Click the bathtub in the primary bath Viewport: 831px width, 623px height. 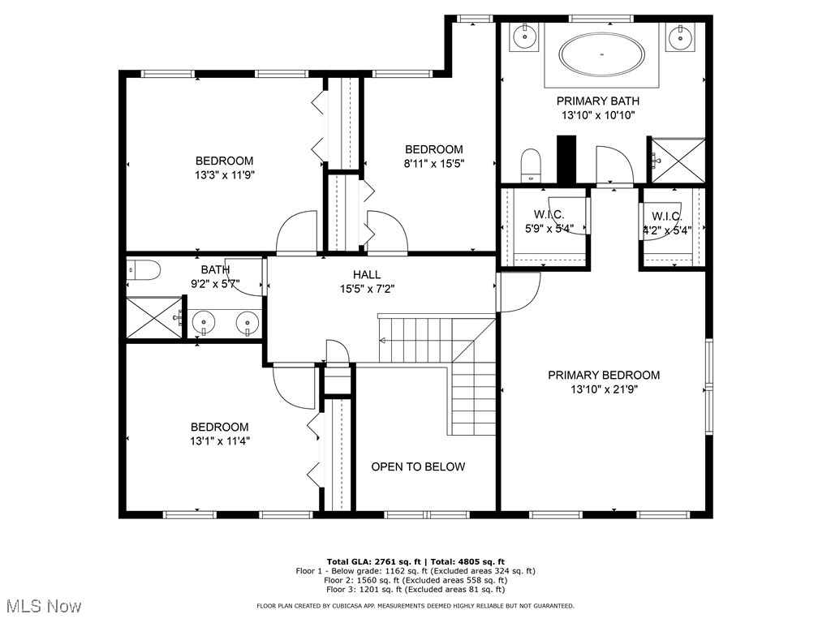pos(601,55)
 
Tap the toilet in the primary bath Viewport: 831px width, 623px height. pos(531,165)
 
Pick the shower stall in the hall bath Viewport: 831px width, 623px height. pos(153,317)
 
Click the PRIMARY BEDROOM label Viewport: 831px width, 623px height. pos(603,375)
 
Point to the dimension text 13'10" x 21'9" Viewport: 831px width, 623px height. pos(603,389)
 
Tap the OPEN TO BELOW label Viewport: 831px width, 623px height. pos(418,466)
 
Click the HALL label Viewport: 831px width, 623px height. pos(366,275)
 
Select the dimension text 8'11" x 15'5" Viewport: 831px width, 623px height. pos(434,163)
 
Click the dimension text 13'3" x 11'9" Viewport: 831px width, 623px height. pos(224,174)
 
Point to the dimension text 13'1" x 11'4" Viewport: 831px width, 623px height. pos(219,441)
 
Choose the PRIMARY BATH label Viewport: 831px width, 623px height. pos(597,101)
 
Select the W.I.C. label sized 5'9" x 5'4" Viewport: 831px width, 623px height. pos(549,215)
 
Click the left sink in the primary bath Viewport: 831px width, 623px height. pos(523,36)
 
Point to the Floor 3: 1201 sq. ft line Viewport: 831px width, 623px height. pos(415,590)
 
